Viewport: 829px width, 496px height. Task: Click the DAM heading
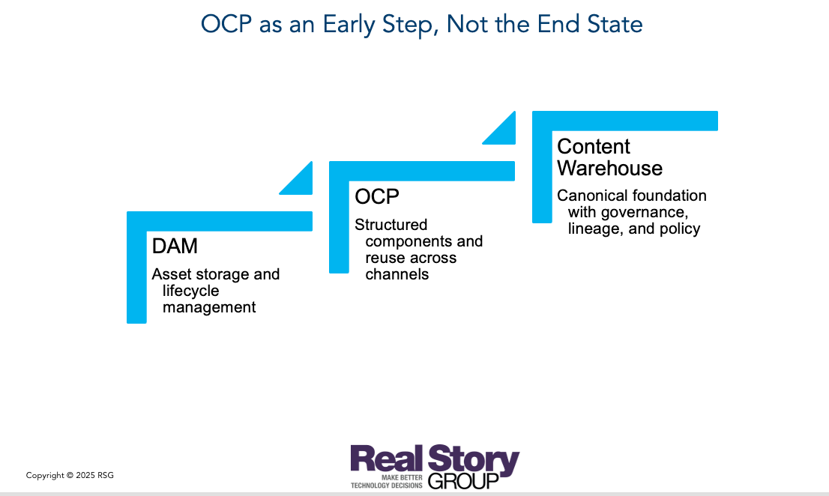point(174,246)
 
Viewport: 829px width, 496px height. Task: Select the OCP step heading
point(376,196)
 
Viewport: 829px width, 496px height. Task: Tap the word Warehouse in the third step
point(609,168)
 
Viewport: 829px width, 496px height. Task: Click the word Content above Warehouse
point(593,146)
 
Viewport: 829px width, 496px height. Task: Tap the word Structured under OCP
point(391,225)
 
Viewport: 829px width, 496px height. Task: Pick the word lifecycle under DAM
point(190,291)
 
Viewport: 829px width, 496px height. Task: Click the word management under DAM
point(209,307)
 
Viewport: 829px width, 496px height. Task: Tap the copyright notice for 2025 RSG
point(70,475)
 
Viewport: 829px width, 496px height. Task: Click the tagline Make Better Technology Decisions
point(387,481)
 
